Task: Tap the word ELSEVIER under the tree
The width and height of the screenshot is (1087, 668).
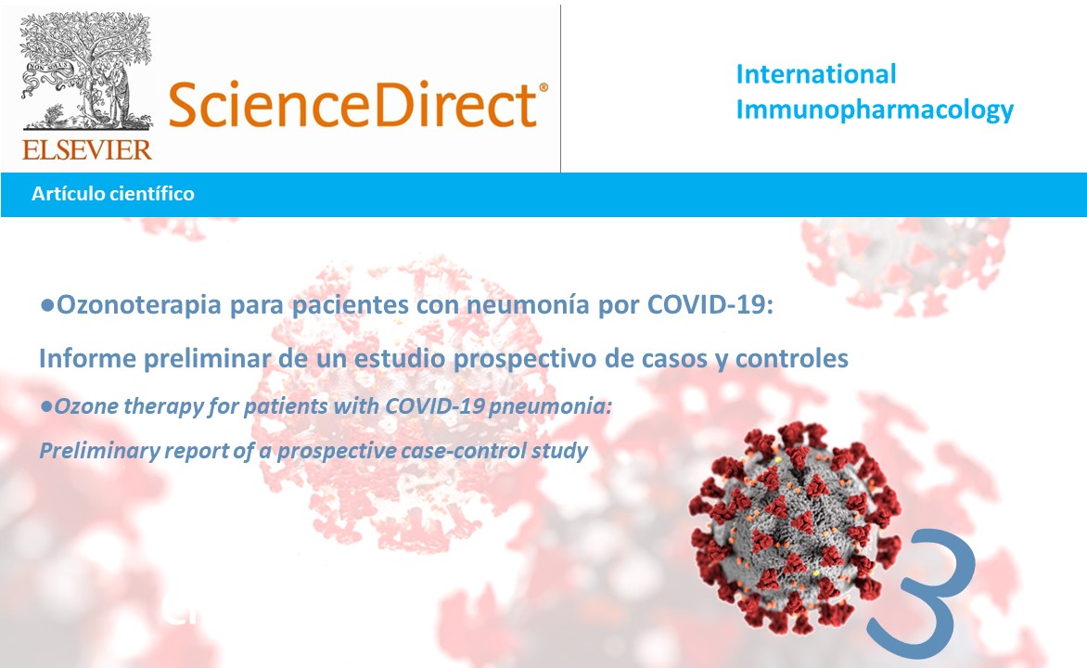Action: pos(86,148)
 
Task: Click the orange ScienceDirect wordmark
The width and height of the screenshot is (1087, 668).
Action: pos(351,104)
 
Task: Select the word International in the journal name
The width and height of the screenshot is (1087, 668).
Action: pos(816,73)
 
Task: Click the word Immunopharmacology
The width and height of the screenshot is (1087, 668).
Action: pos(875,110)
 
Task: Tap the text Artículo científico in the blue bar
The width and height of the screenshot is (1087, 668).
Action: pos(112,194)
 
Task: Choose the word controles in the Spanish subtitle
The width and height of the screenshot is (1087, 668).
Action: pos(791,359)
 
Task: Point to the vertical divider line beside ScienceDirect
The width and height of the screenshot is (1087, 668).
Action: pos(561,88)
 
